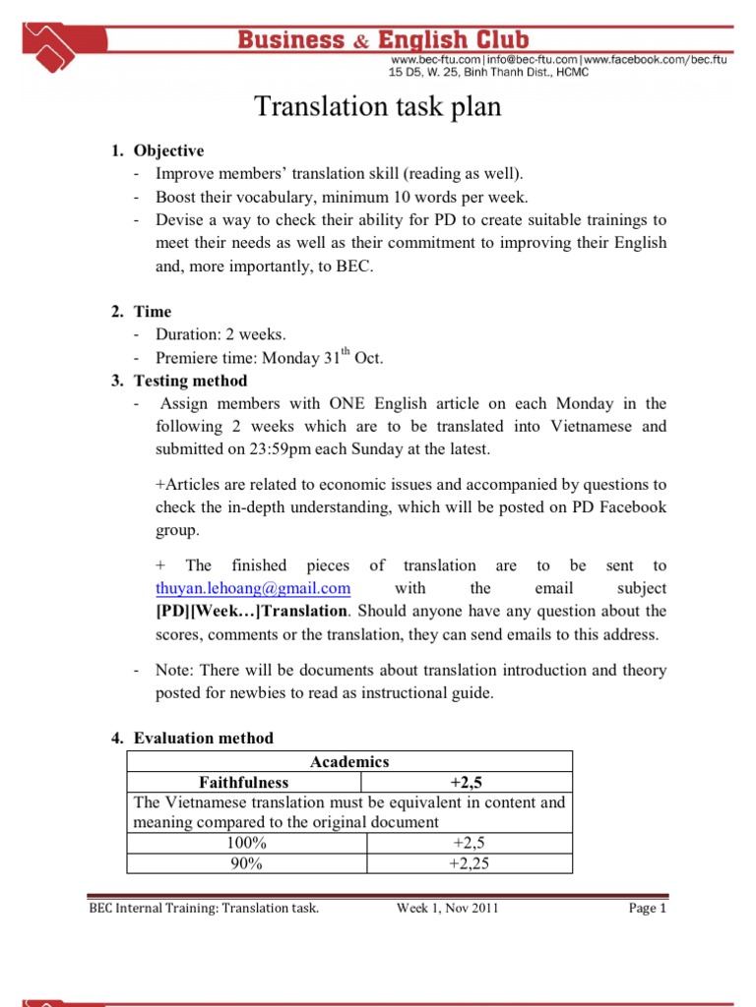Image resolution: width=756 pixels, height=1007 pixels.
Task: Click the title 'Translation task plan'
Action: (378, 107)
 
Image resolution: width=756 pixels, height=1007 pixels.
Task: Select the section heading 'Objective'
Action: (168, 150)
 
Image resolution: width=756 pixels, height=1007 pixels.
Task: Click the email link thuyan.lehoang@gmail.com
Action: (253, 588)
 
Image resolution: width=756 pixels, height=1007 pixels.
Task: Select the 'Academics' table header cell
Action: (349, 761)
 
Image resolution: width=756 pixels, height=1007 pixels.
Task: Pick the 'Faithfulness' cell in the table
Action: (244, 782)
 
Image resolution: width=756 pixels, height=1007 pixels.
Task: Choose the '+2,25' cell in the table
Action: (469, 863)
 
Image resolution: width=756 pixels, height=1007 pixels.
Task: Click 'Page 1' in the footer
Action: (648, 909)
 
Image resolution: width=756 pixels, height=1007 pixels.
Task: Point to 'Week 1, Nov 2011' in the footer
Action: (447, 909)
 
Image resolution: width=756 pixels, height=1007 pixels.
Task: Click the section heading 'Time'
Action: (153, 312)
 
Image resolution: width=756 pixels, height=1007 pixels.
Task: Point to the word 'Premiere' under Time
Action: (186, 359)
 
